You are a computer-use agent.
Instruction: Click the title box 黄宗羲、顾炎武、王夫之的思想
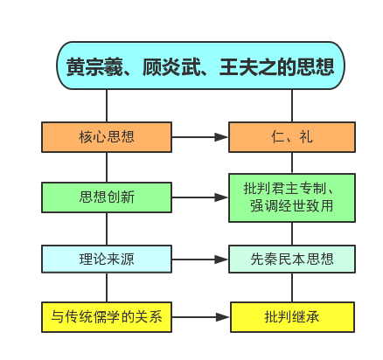click(x=200, y=66)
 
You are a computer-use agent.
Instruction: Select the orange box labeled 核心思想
click(x=107, y=137)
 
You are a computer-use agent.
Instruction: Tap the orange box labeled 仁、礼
click(x=292, y=137)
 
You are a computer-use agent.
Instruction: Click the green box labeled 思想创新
click(x=107, y=197)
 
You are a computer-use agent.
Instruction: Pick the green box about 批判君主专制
click(x=292, y=197)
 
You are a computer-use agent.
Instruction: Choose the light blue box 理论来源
click(x=107, y=259)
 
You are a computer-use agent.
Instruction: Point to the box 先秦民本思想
click(x=292, y=259)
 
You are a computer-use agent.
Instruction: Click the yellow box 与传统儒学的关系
click(x=107, y=317)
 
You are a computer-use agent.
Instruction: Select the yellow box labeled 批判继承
click(x=292, y=317)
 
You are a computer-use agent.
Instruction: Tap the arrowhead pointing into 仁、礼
click(x=221, y=137)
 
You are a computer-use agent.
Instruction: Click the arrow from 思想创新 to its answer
click(x=200, y=197)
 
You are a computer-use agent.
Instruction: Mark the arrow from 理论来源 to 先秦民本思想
click(x=200, y=260)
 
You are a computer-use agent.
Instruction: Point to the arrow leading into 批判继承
click(x=201, y=317)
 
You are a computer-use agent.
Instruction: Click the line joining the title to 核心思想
click(x=107, y=106)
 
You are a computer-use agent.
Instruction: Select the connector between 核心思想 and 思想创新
click(x=107, y=168)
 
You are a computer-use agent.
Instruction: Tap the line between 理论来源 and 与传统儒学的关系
click(x=107, y=287)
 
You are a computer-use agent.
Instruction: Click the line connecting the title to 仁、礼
click(x=292, y=106)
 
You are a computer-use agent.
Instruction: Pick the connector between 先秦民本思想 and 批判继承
click(x=292, y=287)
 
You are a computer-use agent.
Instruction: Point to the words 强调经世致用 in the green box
click(x=292, y=205)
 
